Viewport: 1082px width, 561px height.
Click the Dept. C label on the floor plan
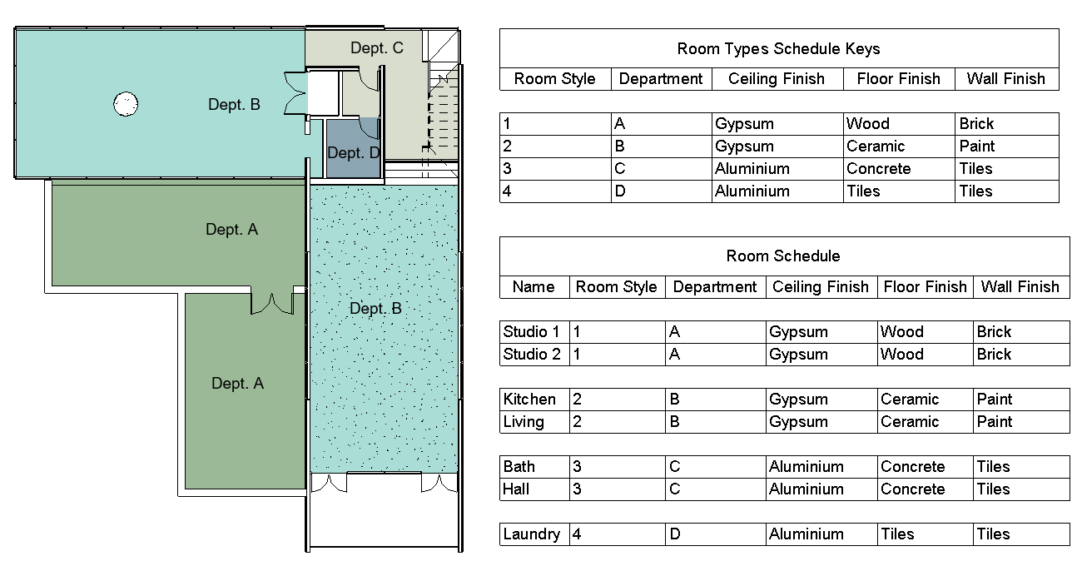pyautogui.click(x=377, y=47)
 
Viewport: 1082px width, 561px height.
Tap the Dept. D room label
pyautogui.click(x=354, y=152)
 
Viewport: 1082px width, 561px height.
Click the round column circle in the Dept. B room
pyautogui.click(x=126, y=104)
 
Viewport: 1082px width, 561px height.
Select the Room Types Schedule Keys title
pyautogui.click(x=778, y=49)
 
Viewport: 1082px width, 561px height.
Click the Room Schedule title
pyautogui.click(x=783, y=256)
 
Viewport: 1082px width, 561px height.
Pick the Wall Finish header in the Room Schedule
pyautogui.click(x=1020, y=287)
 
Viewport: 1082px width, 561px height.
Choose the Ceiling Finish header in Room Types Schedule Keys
pyautogui.click(x=777, y=79)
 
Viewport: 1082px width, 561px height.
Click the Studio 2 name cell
pyautogui.click(x=531, y=355)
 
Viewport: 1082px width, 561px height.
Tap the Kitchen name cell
pyautogui.click(x=529, y=400)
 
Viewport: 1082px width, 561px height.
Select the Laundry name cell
pyautogui.click(x=531, y=534)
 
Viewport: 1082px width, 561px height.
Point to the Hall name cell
pyautogui.click(x=516, y=489)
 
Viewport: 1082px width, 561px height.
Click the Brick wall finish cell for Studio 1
pyautogui.click(x=994, y=332)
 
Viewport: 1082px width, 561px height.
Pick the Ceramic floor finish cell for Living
pyautogui.click(x=910, y=422)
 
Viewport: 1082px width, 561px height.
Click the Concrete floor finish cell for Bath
pyautogui.click(x=912, y=467)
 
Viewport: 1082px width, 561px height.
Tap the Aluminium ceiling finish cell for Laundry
pyautogui.click(x=807, y=534)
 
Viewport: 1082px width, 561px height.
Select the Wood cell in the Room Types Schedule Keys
pyautogui.click(x=867, y=124)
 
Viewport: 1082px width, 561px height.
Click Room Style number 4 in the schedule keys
pyautogui.click(x=507, y=191)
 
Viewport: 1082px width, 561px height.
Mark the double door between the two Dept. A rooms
pyautogui.click(x=272, y=303)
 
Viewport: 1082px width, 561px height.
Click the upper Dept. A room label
pyautogui.click(x=232, y=230)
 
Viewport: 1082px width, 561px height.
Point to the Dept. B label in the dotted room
pyautogui.click(x=376, y=308)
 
